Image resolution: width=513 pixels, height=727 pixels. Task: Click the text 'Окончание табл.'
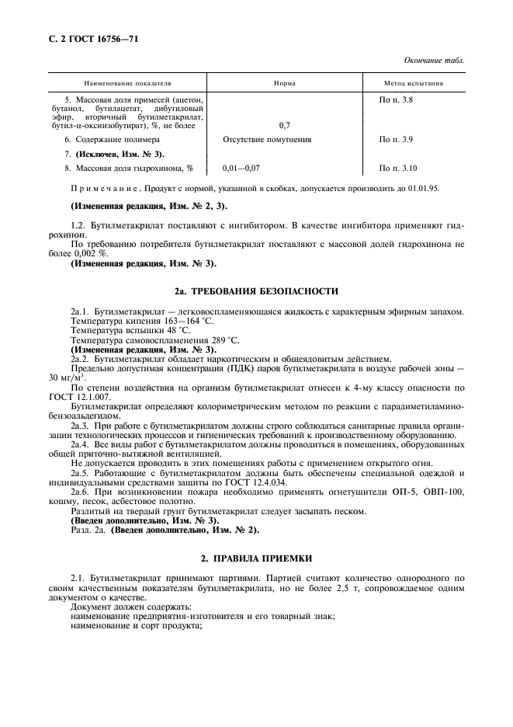coord(435,61)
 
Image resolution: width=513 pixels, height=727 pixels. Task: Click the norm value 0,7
coord(284,124)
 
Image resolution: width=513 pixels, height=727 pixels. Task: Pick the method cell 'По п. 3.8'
coord(396,99)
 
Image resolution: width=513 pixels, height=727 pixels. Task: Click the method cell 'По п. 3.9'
coord(396,140)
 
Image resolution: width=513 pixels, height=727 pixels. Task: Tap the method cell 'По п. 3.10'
coord(398,168)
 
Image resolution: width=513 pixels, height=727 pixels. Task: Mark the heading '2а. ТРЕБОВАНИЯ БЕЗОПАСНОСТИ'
coord(256,291)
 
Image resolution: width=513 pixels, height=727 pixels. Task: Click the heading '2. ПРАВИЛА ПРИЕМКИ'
coord(256,559)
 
